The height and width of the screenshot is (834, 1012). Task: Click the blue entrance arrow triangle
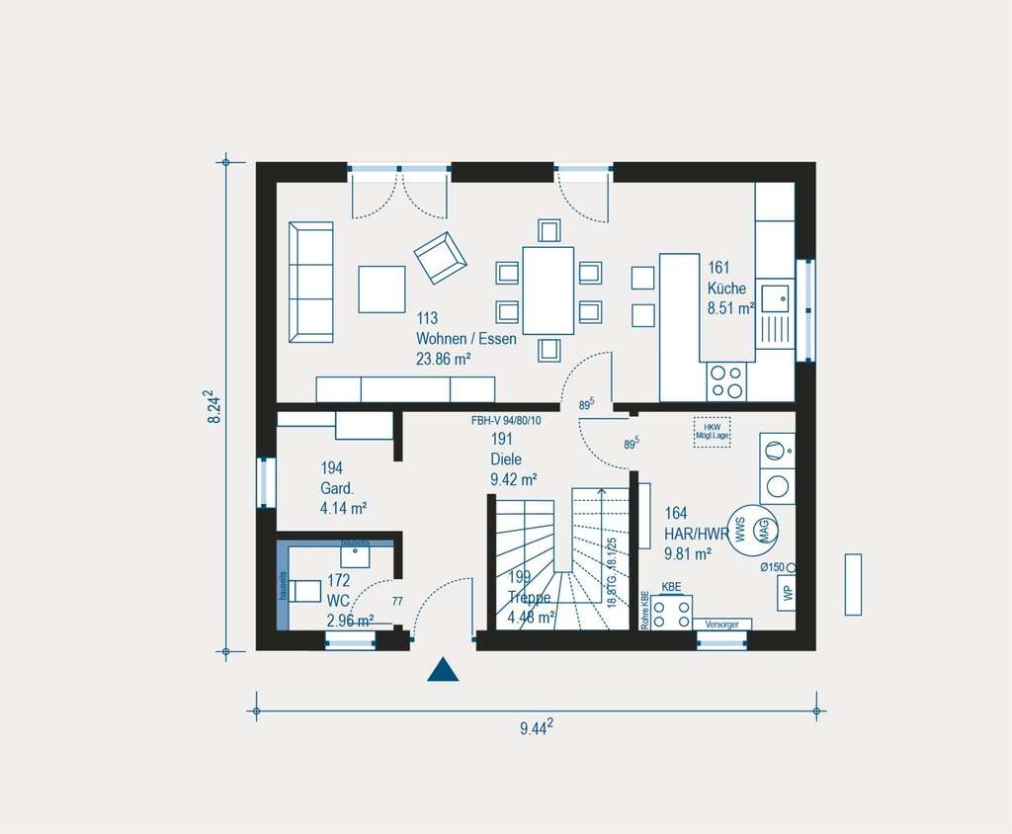[x=444, y=671]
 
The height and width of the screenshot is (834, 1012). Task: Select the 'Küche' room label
[x=726, y=289]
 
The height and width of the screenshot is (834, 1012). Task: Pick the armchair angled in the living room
[x=440, y=257]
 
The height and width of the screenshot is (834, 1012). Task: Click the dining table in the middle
[x=548, y=291]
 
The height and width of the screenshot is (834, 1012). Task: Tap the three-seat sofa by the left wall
[x=311, y=282]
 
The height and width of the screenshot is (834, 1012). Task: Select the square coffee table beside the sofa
[x=381, y=289]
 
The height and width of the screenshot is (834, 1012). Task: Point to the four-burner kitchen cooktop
[x=726, y=381]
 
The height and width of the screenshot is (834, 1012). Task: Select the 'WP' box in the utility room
[x=787, y=593]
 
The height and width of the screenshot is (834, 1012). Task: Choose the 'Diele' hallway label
[x=505, y=459]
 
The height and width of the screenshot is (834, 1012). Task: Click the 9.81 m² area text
[x=689, y=554]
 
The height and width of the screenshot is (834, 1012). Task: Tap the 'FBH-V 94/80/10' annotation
[x=506, y=421]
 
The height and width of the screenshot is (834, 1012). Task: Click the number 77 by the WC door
[x=397, y=601]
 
